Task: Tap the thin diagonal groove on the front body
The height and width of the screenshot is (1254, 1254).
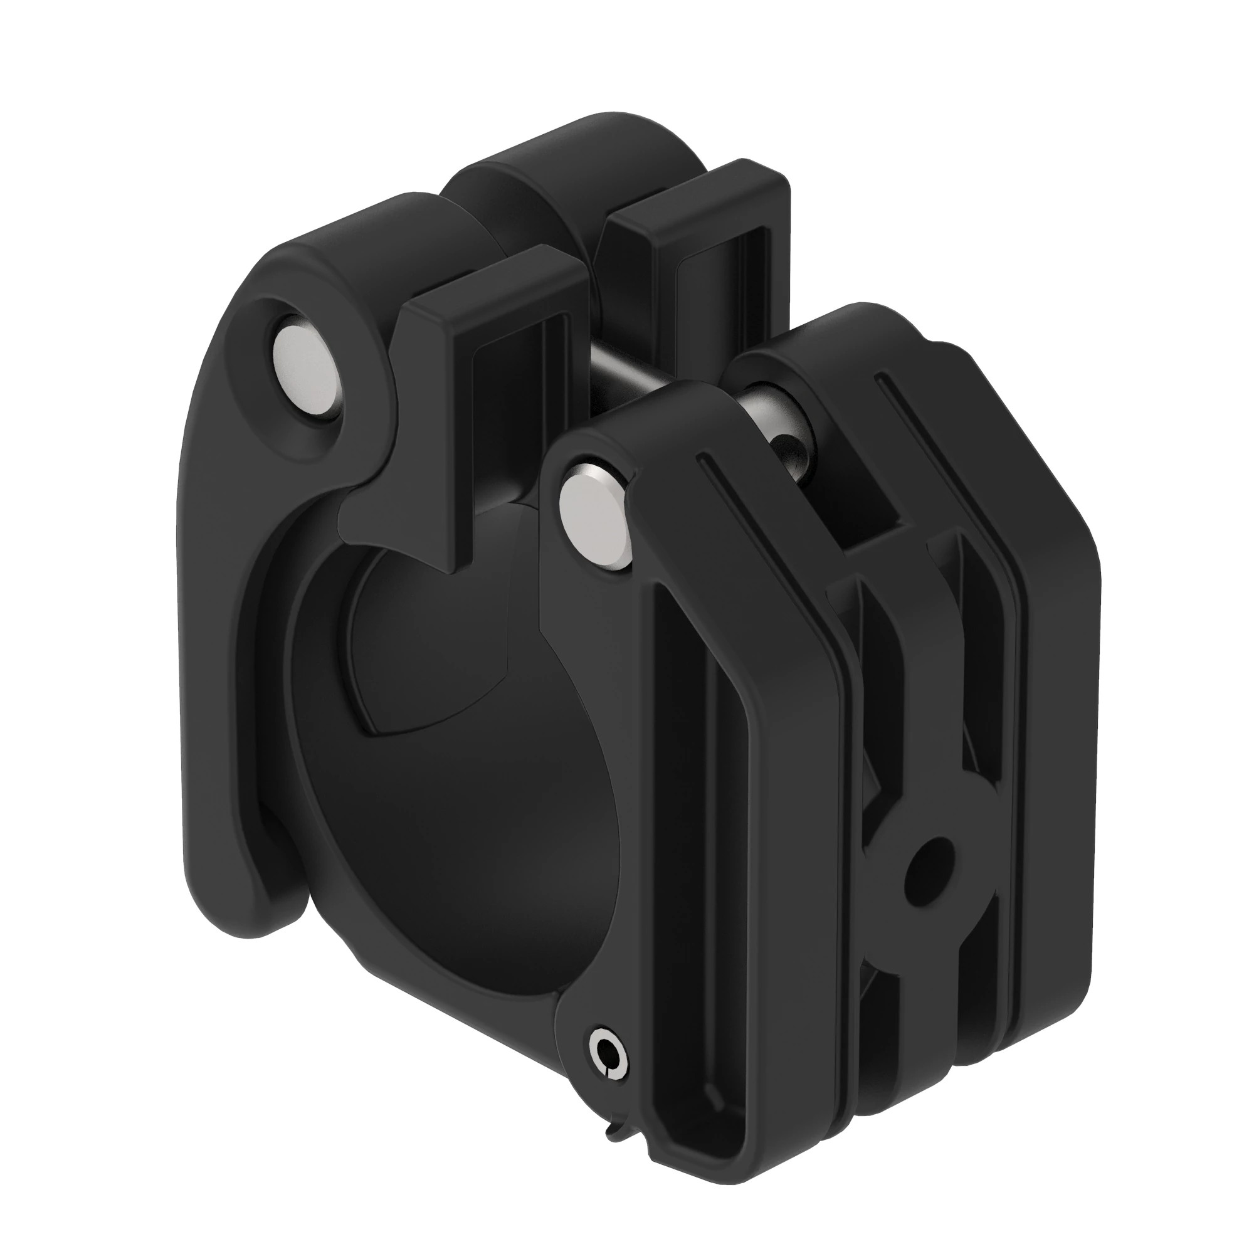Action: click(746, 519)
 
